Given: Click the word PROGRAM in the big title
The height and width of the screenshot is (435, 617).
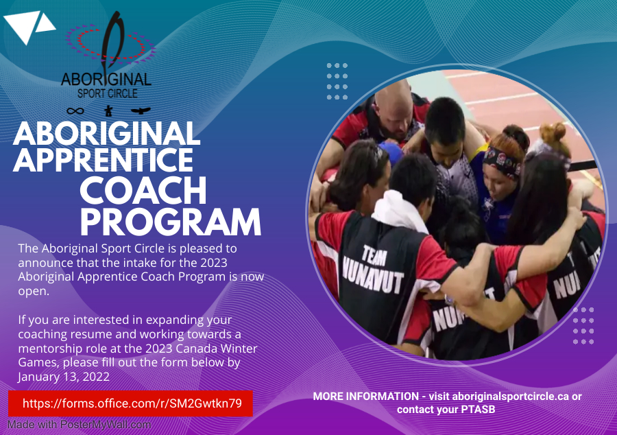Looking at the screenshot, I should point(171,222).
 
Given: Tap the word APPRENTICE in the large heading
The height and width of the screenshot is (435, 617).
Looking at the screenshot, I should point(103,160).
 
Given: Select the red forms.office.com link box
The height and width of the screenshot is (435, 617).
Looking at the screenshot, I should point(131,403).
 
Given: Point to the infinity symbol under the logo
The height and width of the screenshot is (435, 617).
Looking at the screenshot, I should point(75,110).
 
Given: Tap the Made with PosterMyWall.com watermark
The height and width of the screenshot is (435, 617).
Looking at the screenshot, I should point(79,425).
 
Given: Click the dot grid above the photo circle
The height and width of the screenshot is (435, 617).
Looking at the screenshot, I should point(337,82).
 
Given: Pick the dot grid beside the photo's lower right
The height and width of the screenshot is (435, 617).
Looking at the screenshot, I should point(583,325).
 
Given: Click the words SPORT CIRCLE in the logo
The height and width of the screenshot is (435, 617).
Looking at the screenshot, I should point(107,93).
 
